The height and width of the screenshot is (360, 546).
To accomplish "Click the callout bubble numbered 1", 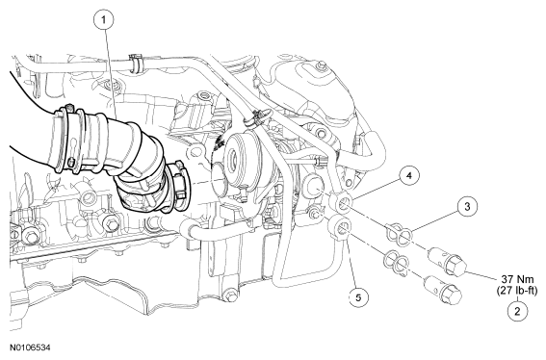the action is point(103,20).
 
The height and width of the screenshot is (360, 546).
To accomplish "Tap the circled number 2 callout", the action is point(517,311).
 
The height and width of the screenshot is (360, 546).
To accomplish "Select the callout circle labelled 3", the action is point(467,207).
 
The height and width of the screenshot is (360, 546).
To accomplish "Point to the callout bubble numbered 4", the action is point(409,176).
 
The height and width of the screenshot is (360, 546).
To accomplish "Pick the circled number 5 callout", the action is point(358,297).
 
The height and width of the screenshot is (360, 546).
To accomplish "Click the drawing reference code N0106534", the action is point(30,347).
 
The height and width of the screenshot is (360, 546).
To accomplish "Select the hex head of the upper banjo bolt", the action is point(455,265).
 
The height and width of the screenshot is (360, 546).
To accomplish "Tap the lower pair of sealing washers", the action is point(396,260).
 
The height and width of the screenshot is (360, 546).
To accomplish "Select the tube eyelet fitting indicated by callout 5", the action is point(342,228).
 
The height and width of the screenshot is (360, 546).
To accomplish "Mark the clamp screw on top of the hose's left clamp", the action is point(70,108).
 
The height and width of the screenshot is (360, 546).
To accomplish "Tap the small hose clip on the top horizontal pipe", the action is point(135,62).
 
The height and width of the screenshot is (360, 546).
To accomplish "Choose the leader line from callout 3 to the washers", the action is point(434,221).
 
